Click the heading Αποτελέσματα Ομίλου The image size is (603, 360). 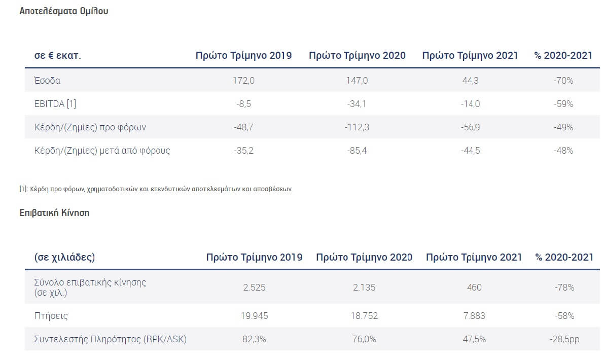(x=64, y=11)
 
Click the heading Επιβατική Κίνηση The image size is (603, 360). (x=54, y=213)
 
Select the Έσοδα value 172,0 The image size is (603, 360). (x=243, y=81)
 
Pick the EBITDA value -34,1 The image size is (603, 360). (x=357, y=104)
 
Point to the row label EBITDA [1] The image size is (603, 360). (x=55, y=104)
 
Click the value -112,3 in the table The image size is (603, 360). (x=357, y=127)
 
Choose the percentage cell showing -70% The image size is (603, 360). (x=563, y=81)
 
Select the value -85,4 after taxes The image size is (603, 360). (x=357, y=151)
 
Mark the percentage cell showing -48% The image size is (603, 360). (x=563, y=151)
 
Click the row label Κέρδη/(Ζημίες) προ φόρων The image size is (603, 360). (x=90, y=127)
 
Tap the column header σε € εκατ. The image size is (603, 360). (x=58, y=56)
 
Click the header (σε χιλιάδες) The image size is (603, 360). (x=64, y=258)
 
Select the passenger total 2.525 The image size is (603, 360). (x=254, y=287)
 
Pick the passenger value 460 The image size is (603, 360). (x=474, y=287)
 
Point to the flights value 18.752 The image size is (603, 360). (x=364, y=316)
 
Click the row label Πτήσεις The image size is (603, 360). (x=51, y=316)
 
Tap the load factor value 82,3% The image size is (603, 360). (x=254, y=339)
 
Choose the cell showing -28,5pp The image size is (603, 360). (x=564, y=339)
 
